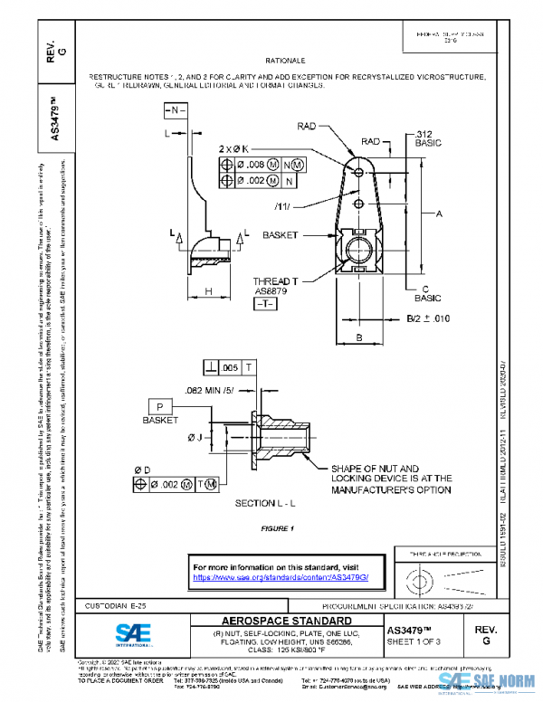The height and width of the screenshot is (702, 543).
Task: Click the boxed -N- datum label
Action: click(176, 109)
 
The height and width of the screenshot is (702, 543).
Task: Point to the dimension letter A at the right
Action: click(438, 214)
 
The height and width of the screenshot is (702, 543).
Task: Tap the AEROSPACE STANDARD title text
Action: click(276, 621)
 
